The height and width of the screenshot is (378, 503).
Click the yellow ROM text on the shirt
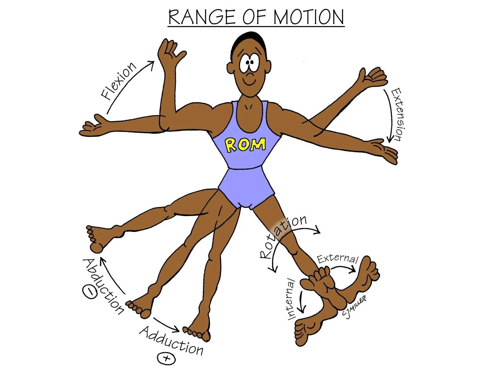(x=246, y=145)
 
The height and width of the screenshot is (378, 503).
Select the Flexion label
(x=119, y=81)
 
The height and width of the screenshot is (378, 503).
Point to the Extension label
(x=397, y=114)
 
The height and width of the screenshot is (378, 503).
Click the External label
(x=337, y=259)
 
